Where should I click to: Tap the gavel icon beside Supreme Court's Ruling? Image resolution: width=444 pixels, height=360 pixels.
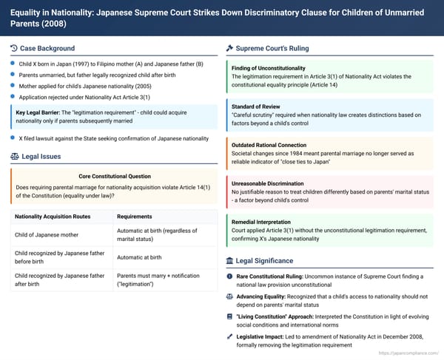point(229,49)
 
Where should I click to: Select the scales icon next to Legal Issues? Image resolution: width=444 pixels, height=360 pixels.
point(15,157)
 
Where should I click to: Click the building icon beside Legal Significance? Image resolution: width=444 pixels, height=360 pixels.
point(229,261)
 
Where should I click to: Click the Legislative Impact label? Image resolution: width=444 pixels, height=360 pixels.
point(263,335)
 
